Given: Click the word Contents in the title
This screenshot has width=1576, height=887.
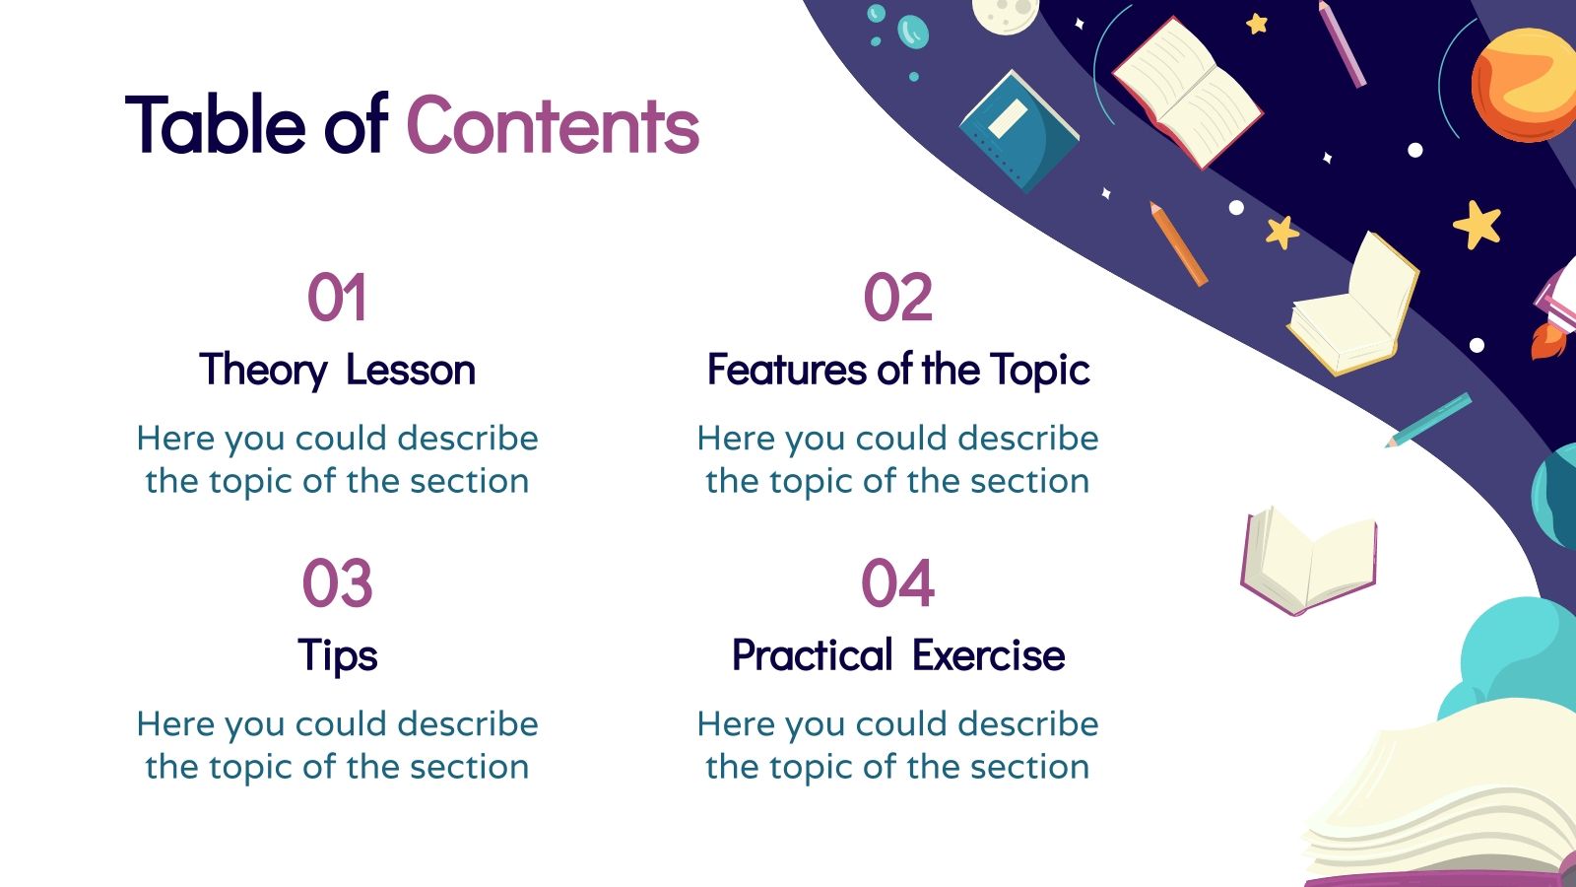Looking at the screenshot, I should point(553,126).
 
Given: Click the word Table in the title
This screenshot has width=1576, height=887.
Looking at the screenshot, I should point(216,126).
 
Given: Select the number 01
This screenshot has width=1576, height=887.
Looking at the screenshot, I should point(337,298).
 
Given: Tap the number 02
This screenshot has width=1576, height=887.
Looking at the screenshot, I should point(897,298).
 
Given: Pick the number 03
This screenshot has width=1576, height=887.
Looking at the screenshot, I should point(337,583).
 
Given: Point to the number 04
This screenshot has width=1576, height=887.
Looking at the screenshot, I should point(897,583).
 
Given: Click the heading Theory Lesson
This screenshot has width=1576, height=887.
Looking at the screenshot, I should point(337,371).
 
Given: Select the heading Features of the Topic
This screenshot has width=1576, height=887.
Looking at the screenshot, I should point(897,371).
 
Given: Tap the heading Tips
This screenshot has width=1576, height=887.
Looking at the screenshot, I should point(337,656).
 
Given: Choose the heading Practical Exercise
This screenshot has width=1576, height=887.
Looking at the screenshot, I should point(897,656).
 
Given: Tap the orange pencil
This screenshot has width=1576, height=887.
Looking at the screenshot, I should point(1178,243).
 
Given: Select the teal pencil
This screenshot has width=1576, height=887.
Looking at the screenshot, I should point(1429,420).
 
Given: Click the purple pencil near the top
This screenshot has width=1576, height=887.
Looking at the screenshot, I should point(1342,44).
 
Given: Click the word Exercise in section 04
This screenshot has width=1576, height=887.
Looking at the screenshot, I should point(988,656).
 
